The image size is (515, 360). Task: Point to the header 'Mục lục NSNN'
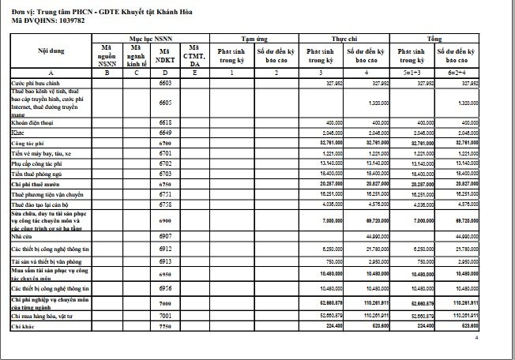pyautogui.click(x=151, y=37)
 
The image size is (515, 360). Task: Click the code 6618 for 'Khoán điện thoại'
pyautogui.click(x=165, y=123)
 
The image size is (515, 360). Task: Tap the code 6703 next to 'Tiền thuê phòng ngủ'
pyautogui.click(x=165, y=173)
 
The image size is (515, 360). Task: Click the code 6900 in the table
pyautogui.click(x=165, y=220)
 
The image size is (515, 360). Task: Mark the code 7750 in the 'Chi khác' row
pyautogui.click(x=165, y=326)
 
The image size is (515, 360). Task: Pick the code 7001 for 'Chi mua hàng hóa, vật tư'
pyautogui.click(x=165, y=315)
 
